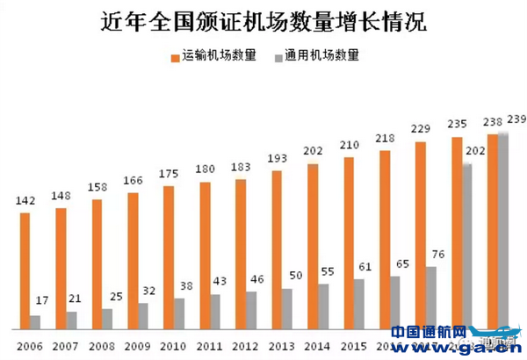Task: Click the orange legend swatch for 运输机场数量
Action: click(175, 56)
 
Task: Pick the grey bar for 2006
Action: click(36, 320)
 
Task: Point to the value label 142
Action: click(25, 200)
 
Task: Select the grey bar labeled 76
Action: click(431, 297)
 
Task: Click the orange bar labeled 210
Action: click(349, 242)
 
